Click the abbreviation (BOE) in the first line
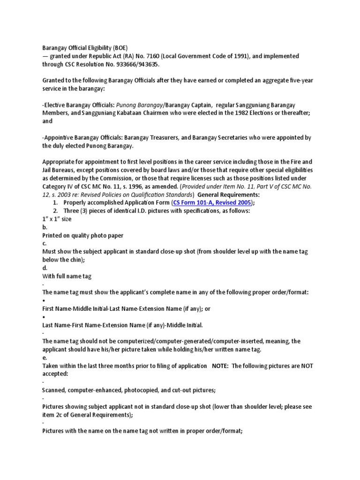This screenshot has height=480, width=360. pyautogui.click(x=119, y=48)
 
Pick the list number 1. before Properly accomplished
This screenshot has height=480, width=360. pyautogui.click(x=55, y=202)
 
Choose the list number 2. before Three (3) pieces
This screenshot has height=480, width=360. pyautogui.click(x=55, y=211)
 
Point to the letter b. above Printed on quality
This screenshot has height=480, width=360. pyautogui.click(x=45, y=227)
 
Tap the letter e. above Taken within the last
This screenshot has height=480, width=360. pyautogui.click(x=44, y=358)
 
